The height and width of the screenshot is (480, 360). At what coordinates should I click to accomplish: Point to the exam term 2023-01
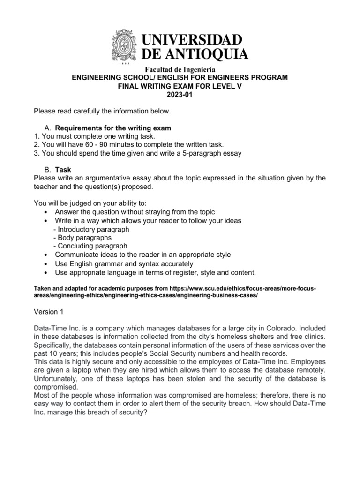click(x=180, y=95)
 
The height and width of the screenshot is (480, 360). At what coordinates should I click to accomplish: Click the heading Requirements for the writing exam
click(x=113, y=128)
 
